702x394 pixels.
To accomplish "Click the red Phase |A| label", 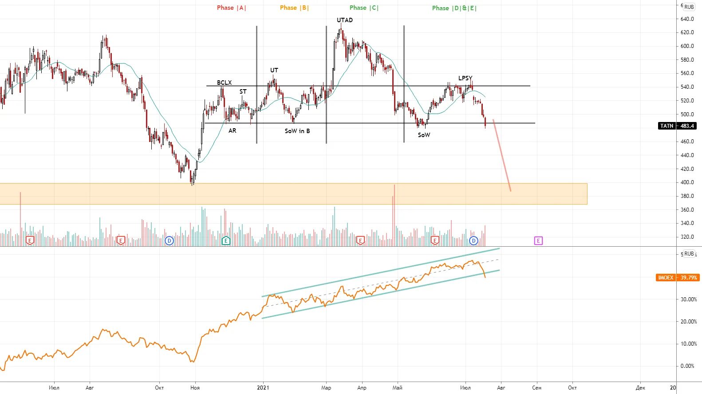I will (231, 8).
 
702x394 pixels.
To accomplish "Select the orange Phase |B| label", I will (294, 8).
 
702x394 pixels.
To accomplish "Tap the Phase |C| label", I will (364, 8).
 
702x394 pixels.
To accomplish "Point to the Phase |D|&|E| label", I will (454, 8).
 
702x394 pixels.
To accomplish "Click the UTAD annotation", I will (345, 20).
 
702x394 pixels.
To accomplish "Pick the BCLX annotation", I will (224, 83).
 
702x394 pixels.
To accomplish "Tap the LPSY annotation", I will (465, 78).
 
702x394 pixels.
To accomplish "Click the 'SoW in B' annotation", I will (297, 131).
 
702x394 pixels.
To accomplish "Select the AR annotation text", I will (232, 130).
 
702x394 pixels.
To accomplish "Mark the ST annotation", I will (243, 91).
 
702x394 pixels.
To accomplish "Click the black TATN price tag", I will (677, 126).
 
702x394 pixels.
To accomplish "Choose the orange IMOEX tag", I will (677, 277).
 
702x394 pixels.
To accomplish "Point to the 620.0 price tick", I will (687, 32).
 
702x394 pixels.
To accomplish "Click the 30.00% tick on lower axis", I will (688, 299).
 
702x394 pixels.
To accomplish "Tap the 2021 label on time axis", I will (263, 388).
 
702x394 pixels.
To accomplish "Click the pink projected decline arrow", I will (502, 155).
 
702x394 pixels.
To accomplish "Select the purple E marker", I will (538, 240).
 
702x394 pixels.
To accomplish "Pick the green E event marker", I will (226, 240).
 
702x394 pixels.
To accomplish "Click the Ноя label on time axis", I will (195, 388).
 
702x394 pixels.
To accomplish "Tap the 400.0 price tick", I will (687, 182).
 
